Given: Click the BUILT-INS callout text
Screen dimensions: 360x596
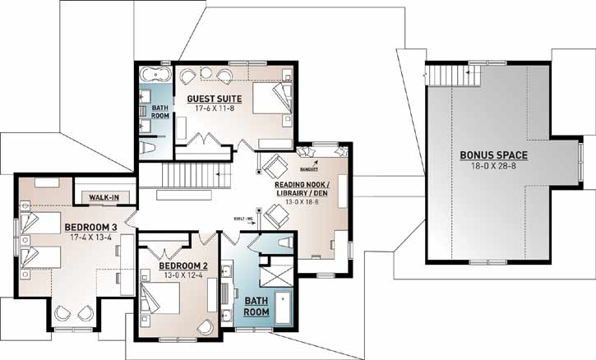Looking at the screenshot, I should pos(245,219).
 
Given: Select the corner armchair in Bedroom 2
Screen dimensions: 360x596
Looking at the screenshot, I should pos(206,327).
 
